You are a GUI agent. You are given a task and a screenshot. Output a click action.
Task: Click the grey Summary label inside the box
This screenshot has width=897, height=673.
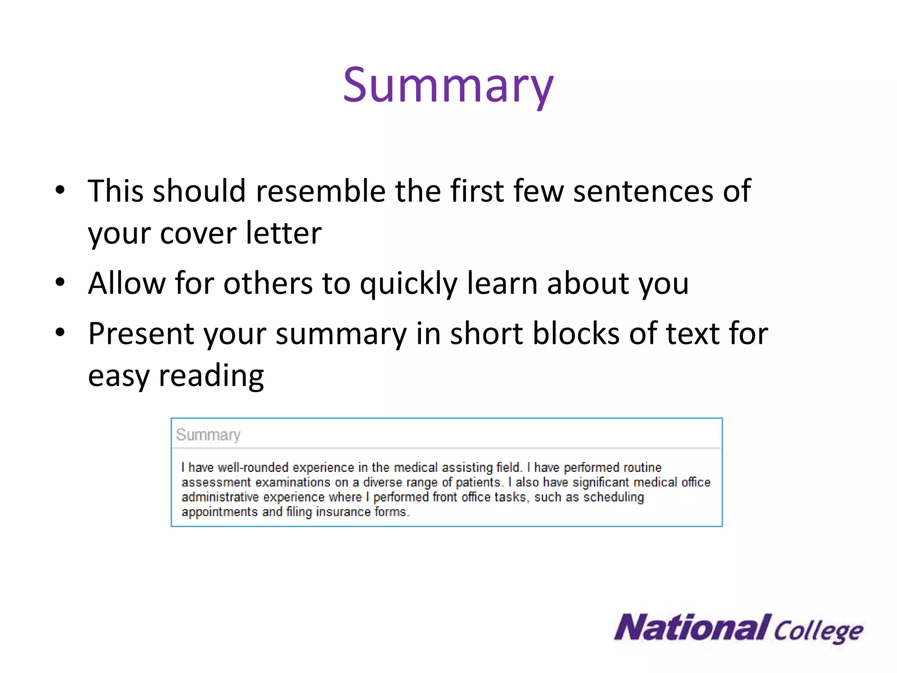click(208, 435)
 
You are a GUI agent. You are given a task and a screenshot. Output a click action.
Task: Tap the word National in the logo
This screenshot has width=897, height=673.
click(692, 627)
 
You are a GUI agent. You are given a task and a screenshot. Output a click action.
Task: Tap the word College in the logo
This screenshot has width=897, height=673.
click(818, 631)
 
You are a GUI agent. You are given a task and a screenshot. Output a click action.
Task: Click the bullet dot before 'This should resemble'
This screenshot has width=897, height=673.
click(60, 190)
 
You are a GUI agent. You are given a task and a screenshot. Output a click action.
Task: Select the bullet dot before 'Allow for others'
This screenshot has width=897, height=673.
click(60, 282)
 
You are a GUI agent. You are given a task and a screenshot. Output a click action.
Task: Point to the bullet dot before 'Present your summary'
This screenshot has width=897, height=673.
click(60, 333)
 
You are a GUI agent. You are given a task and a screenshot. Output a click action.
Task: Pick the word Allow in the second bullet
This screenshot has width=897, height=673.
click(127, 283)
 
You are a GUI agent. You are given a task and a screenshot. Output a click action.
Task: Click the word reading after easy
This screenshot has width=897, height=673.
click(211, 376)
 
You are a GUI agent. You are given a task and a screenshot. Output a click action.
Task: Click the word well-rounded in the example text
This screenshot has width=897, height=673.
click(253, 468)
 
